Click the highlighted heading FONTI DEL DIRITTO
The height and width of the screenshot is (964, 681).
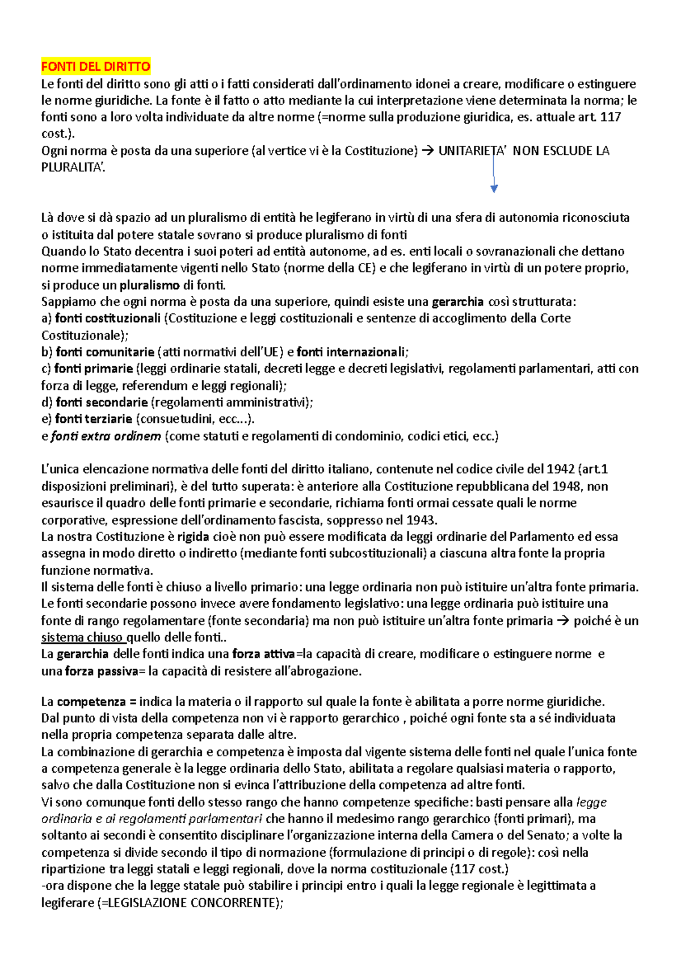tap(95, 67)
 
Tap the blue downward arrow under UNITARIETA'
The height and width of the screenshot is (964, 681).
tap(494, 176)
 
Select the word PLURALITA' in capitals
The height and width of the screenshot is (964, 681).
tap(73, 167)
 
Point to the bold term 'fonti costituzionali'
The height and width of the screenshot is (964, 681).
tap(108, 318)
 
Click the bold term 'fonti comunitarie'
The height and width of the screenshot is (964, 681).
tap(105, 352)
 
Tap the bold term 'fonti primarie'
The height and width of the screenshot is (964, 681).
tap(94, 369)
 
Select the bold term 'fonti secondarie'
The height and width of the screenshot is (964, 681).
tap(102, 403)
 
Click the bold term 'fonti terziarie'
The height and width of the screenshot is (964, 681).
tap(94, 419)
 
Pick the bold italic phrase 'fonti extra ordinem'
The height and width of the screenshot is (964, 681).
tap(106, 436)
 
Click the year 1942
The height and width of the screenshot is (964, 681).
tap(560, 470)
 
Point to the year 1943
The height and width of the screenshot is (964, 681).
tap(421, 520)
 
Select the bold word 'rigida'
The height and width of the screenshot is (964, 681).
tap(193, 537)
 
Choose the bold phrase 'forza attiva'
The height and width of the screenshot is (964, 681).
tap(263, 654)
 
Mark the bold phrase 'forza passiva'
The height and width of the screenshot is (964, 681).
tap(102, 671)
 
